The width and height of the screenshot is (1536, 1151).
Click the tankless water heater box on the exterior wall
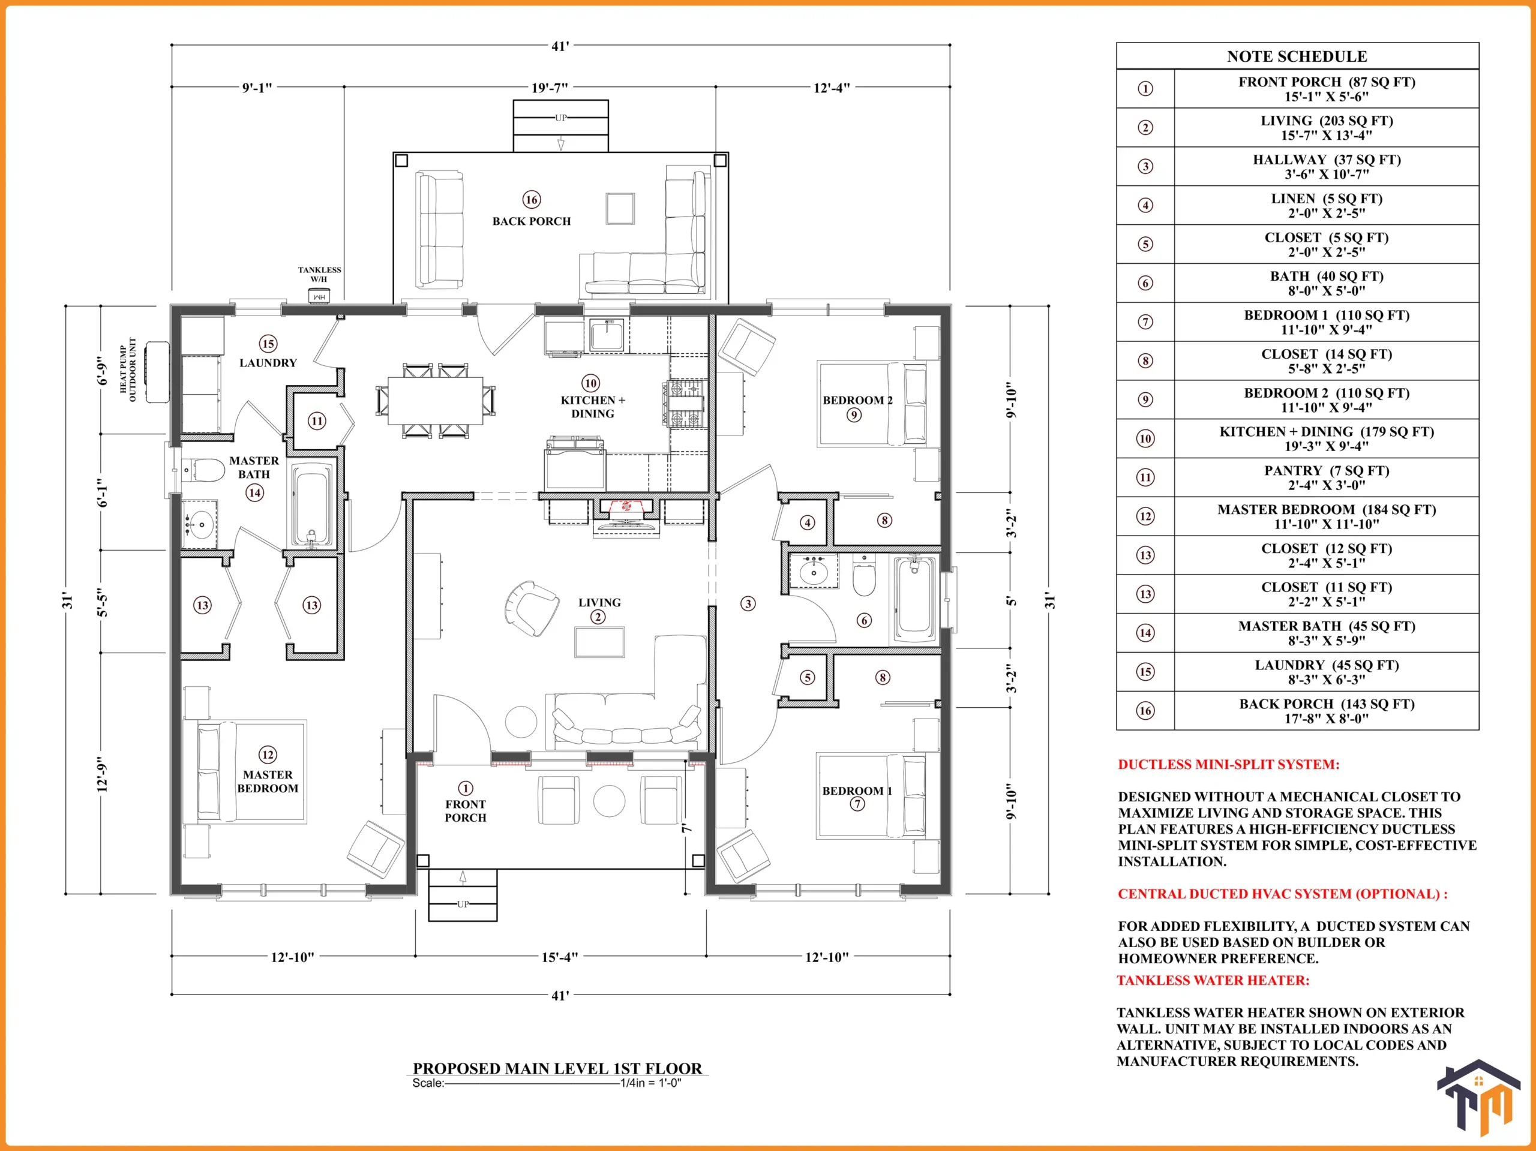tap(319, 296)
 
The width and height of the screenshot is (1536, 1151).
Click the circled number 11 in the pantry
tap(317, 420)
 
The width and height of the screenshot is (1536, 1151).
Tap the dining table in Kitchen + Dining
tap(436, 400)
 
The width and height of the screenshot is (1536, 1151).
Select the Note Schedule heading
tap(1297, 56)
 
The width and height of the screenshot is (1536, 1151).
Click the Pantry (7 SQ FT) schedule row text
tap(1326, 477)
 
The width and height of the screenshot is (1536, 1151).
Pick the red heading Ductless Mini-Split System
tap(1228, 764)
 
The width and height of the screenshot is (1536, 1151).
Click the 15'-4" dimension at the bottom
tap(559, 957)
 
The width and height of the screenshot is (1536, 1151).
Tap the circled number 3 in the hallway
tap(748, 603)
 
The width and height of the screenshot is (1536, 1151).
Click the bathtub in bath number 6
tap(914, 600)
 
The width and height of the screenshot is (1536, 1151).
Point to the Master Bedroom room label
tap(268, 781)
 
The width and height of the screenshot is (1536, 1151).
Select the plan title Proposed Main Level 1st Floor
tap(557, 1068)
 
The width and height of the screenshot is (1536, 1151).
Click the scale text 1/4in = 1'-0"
tap(650, 1083)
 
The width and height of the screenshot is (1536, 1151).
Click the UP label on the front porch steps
tap(463, 904)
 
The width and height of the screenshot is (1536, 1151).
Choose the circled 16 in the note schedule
tap(1145, 710)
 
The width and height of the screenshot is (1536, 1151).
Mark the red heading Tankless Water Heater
tap(1213, 980)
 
